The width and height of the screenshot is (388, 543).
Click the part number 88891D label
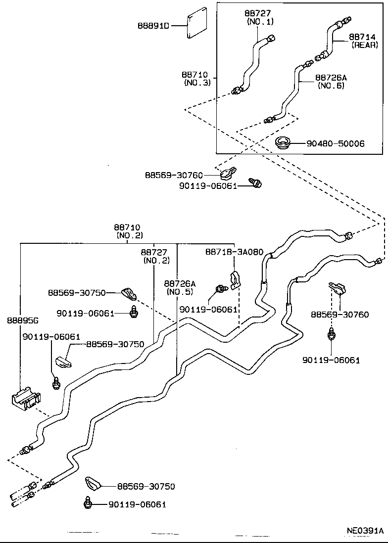coord(153,25)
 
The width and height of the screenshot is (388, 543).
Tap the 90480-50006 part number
coord(335,144)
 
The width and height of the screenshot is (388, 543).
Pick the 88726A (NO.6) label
coord(331,82)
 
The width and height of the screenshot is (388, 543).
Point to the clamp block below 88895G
coord(26,399)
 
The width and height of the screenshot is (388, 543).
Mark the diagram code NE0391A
coord(365,531)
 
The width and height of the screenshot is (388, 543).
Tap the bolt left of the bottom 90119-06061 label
coord(87,503)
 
